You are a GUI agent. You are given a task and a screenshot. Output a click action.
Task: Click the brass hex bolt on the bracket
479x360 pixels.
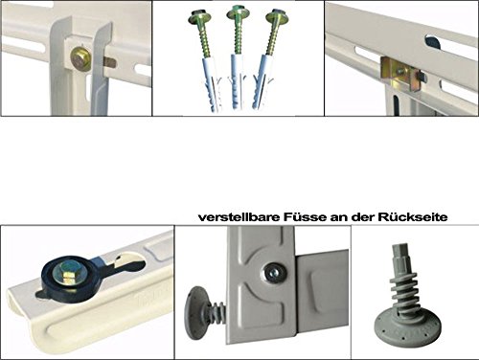coord(80,59)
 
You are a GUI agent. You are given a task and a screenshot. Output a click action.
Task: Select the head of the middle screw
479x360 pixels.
coord(238,12)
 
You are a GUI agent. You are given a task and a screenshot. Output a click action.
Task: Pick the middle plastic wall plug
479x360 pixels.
coord(238,81)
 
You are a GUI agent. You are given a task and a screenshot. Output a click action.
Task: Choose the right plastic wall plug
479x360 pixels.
coord(263,82)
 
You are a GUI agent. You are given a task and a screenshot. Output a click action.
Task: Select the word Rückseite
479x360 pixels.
coord(412,217)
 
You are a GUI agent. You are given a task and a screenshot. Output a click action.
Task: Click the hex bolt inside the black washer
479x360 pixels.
coord(66,272)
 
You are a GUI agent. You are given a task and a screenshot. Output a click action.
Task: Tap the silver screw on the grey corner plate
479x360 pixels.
coord(274,274)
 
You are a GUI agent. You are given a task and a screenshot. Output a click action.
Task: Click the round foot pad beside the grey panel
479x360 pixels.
coord(195,312)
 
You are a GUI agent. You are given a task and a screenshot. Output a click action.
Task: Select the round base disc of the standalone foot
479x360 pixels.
coord(407,329)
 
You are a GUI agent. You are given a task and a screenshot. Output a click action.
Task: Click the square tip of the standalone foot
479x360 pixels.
coord(400,254)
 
